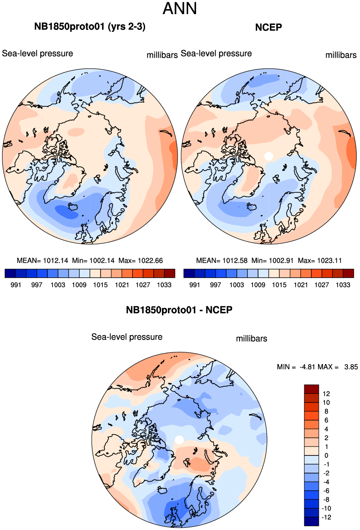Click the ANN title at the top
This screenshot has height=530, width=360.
(x=180, y=9)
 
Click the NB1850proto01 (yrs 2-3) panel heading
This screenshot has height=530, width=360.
(x=90, y=27)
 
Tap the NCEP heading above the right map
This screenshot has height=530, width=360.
(x=268, y=27)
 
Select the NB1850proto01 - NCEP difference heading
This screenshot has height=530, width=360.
(x=179, y=310)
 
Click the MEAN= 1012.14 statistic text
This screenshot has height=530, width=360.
(x=42, y=260)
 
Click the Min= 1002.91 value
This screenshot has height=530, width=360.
(x=273, y=260)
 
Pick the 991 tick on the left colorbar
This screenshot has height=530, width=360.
(x=16, y=285)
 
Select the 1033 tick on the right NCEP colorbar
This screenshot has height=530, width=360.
(x=343, y=285)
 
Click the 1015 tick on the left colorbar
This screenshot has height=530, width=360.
(x=100, y=285)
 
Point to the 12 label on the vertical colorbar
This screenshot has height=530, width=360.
(x=326, y=394)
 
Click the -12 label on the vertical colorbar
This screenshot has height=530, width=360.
(x=326, y=517)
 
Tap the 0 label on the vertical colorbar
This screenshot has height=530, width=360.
(x=326, y=455)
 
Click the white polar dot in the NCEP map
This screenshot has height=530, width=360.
(x=269, y=156)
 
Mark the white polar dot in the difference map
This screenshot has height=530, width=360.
(x=179, y=440)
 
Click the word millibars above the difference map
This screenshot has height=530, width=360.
(x=251, y=339)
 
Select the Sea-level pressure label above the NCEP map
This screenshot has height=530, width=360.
(x=216, y=53)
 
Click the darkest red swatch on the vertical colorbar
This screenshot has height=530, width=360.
(x=311, y=389)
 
